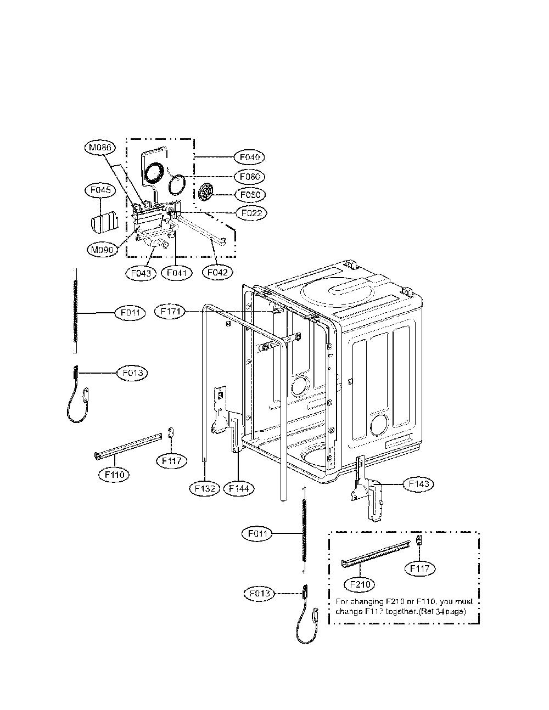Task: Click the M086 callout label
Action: click(x=100, y=148)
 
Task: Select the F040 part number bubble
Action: click(x=250, y=157)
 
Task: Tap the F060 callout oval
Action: click(x=250, y=177)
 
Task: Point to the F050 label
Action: click(x=250, y=195)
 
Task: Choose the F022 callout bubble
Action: click(x=251, y=213)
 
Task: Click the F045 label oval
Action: click(x=100, y=190)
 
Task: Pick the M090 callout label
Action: click(x=102, y=250)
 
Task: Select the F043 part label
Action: click(x=141, y=273)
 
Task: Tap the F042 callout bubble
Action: click(x=217, y=272)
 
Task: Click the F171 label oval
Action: click(x=171, y=312)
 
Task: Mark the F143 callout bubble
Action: click(x=418, y=484)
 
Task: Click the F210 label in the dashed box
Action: click(x=360, y=584)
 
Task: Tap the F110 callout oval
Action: click(x=114, y=474)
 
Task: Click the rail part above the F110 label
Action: click(x=128, y=446)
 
